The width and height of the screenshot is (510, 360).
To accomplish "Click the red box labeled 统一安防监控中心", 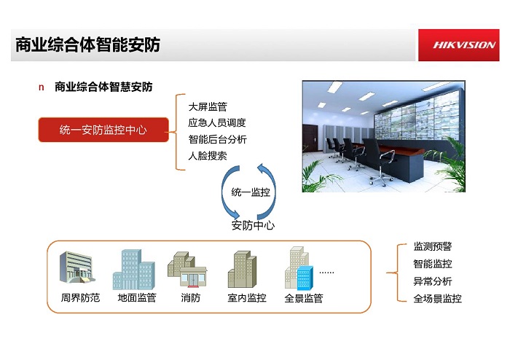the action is (103, 130).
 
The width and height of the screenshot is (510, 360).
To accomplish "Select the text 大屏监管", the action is (208, 106).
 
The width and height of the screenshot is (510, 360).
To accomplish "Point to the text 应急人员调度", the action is (217, 122).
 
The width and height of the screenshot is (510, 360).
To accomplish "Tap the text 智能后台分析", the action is (217, 139).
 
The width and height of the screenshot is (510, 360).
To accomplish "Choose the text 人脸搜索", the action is (208, 155).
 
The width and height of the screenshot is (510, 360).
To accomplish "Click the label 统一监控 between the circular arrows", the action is (251, 192).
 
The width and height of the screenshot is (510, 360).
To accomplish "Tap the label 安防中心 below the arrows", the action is (253, 225).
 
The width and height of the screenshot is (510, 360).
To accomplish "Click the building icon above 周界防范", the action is (77, 267).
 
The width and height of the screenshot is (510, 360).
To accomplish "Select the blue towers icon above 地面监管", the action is (133, 270).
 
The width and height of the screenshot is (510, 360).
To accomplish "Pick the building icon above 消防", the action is (187, 269).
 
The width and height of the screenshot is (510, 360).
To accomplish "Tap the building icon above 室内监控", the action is (242, 269).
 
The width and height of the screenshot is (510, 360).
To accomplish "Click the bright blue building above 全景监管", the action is (305, 278).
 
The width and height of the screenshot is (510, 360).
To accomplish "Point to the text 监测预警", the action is (433, 246).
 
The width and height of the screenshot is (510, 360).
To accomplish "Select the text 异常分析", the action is (433, 281).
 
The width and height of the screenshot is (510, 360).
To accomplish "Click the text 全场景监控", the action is (437, 298).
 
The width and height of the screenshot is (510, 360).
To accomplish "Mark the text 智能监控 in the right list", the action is (433, 263).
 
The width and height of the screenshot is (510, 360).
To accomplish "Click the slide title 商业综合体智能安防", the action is (88, 45).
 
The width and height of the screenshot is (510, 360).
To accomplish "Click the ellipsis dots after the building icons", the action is (326, 273).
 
